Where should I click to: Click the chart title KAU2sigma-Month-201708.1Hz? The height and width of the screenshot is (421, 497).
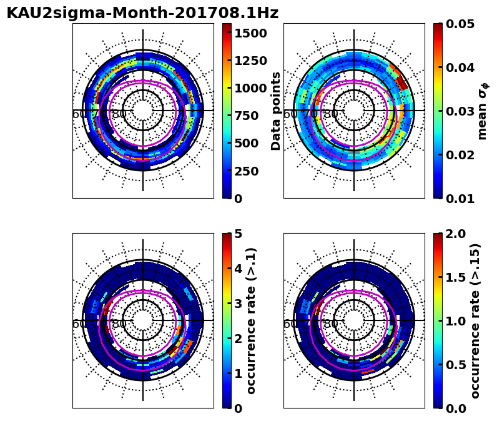(142, 13)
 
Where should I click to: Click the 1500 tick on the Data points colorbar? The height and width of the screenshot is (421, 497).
(250, 33)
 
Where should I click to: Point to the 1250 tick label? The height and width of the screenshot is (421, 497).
(250, 61)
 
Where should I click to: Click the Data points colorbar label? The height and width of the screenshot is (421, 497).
(277, 111)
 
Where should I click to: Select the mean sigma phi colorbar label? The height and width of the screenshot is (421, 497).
(483, 111)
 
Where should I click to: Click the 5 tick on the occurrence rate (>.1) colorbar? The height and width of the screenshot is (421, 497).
(238, 234)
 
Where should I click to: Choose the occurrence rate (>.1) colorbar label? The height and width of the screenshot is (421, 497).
(252, 320)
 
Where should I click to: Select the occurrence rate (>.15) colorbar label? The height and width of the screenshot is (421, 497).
(476, 320)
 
